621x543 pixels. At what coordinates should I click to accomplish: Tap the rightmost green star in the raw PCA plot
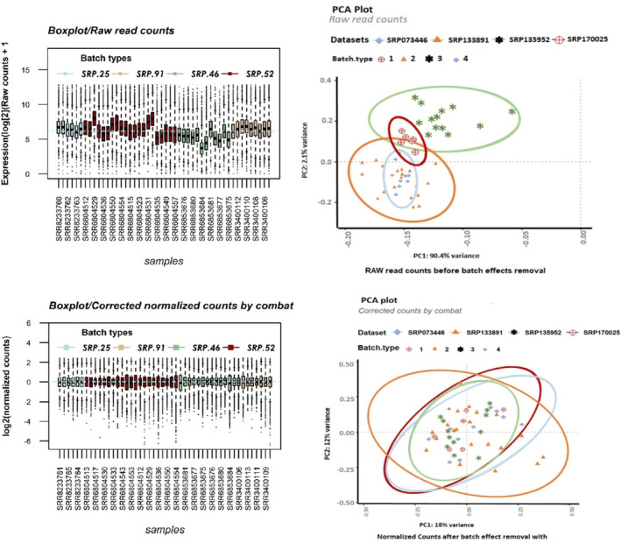(x=512, y=112)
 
